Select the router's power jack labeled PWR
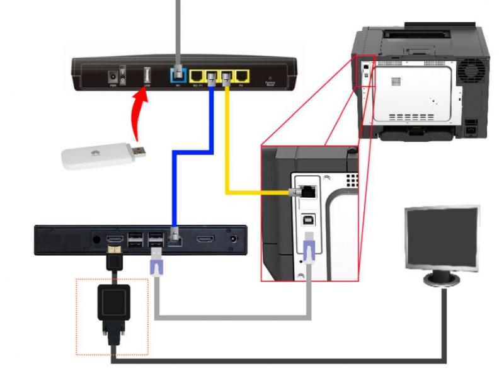coord(114,75)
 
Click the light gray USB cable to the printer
coord(233,313)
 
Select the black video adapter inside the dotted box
coord(114,302)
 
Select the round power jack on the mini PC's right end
coord(235,240)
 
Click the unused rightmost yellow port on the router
coord(243,76)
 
